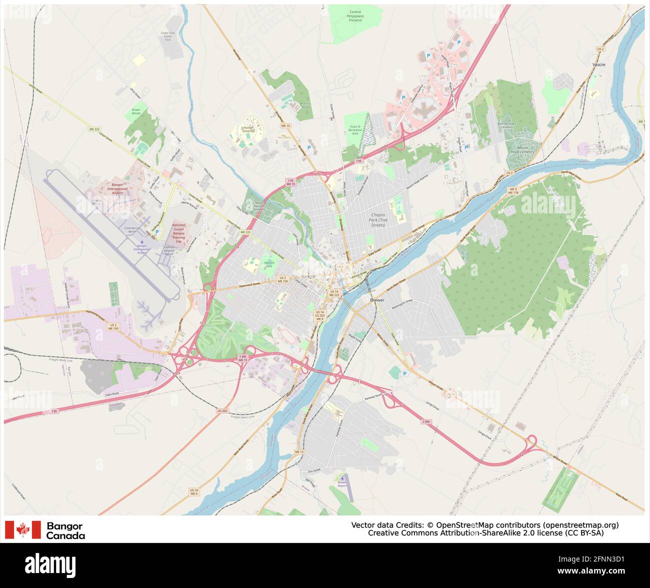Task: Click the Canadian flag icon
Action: click(22, 530)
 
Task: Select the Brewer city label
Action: click(377, 300)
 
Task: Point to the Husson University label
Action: click(248, 130)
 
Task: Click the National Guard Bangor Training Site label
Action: click(178, 233)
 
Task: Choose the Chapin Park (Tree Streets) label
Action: click(378, 220)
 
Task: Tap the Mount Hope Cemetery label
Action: click(522, 150)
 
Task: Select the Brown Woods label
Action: click(136, 111)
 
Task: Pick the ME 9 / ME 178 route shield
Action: click(512, 191)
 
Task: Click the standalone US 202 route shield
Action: click(222, 411)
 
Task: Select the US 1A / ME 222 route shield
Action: click(334, 293)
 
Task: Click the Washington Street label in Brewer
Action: click(402, 301)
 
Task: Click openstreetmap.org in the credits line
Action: click(580, 525)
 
